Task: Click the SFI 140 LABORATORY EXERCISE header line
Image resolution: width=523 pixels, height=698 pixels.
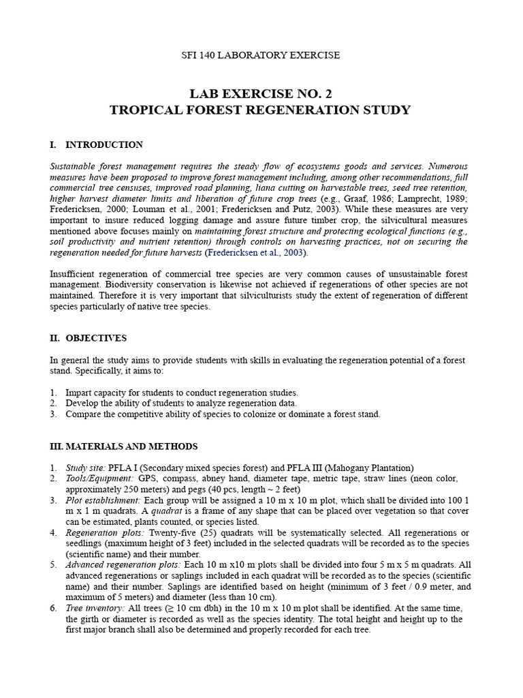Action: click(x=261, y=55)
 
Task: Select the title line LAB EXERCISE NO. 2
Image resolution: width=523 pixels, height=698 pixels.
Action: click(x=261, y=93)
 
